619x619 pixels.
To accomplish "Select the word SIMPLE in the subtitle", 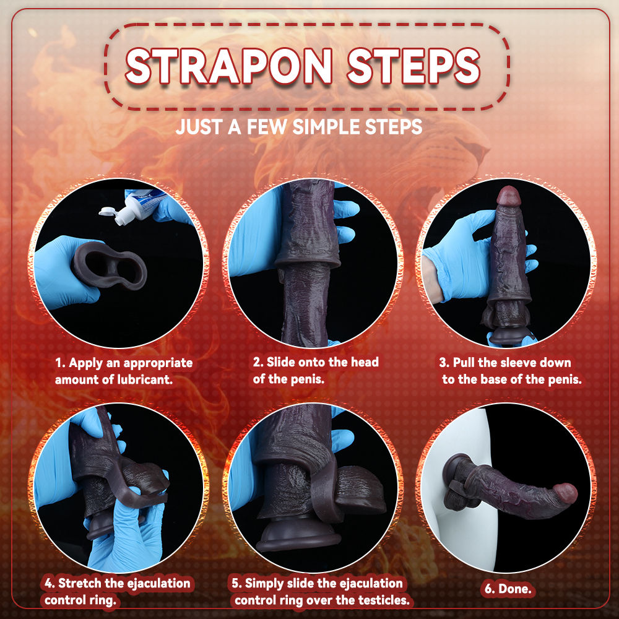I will pos(326,128).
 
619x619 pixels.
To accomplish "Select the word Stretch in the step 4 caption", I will pos(84,583).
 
